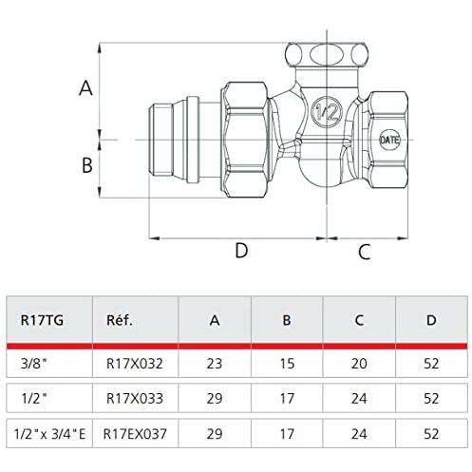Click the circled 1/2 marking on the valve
click(327, 112)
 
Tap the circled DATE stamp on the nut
click(389, 140)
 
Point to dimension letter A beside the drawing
click(85, 88)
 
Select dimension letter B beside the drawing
click(87, 165)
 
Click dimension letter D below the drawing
click(241, 251)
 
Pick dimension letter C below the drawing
click(365, 253)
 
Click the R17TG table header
click(42, 320)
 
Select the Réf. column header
click(120, 320)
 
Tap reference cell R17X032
click(135, 364)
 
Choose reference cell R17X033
click(135, 399)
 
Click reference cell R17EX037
click(135, 434)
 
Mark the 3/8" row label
click(33, 364)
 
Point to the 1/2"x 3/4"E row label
click(50, 434)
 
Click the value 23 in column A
click(215, 364)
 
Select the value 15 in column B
click(287, 364)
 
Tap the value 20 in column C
click(359, 364)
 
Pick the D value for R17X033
click(431, 399)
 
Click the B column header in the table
click(287, 320)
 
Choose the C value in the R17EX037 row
click(359, 434)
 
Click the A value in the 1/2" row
click(215, 399)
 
